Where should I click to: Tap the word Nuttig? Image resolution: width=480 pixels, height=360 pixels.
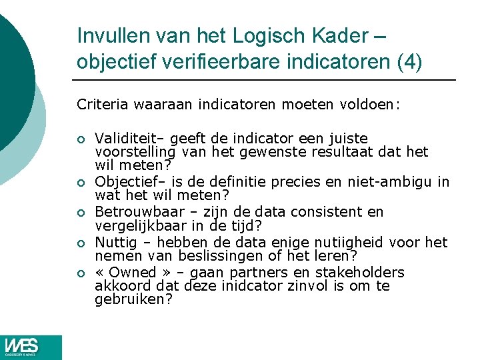pos(114,243)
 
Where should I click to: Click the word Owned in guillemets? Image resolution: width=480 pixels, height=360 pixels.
pos(134,273)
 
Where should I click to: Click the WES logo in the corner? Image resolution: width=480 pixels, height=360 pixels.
pos(31,347)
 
